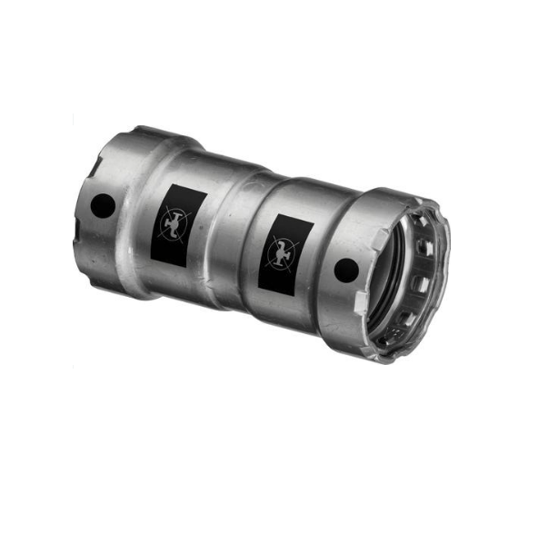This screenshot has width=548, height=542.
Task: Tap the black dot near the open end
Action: click(345, 270)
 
